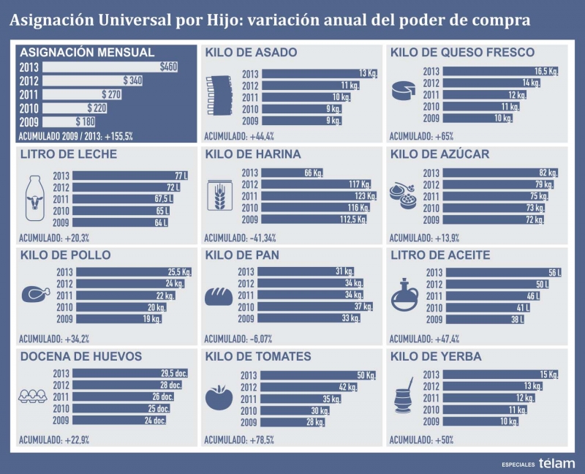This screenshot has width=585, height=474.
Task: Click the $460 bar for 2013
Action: click(x=110, y=67)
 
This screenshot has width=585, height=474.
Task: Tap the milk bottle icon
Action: click(x=35, y=198)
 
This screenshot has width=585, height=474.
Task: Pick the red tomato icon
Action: click(x=219, y=398)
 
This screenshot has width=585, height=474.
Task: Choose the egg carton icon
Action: click(x=34, y=396)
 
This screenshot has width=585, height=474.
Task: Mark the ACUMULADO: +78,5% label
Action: click(x=238, y=440)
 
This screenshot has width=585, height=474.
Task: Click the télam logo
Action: click(x=556, y=463)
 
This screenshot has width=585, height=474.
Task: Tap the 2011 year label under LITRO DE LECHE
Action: click(x=62, y=199)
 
